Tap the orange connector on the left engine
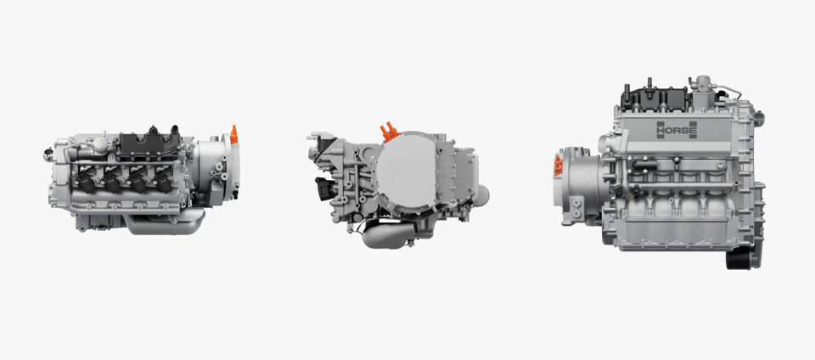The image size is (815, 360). click(234, 135)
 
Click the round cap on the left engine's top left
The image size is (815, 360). click(99, 145)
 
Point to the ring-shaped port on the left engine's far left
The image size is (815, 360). click(48, 155)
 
